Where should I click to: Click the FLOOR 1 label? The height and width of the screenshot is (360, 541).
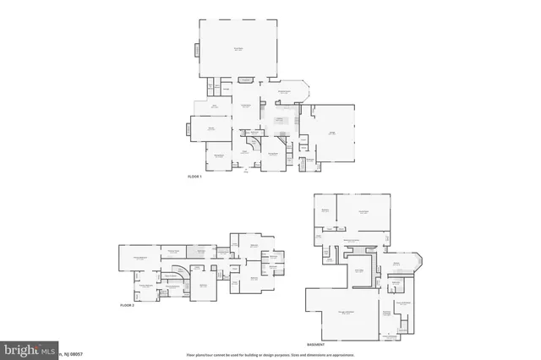(194, 176)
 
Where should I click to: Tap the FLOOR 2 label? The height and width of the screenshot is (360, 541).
(127, 303)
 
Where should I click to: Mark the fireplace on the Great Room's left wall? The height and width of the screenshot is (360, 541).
(197, 50)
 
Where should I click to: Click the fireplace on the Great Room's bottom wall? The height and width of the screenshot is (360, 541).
(247, 80)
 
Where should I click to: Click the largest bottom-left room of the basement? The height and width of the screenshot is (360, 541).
(347, 314)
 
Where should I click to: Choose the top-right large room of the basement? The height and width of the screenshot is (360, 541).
(364, 212)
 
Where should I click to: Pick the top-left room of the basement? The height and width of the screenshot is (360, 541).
(325, 212)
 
